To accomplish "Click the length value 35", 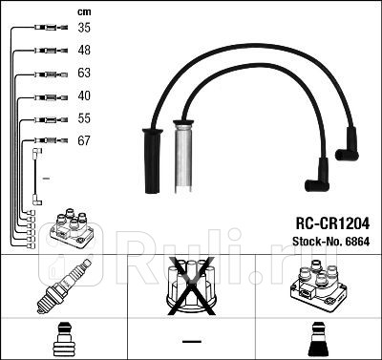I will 84,29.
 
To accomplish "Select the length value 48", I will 84,51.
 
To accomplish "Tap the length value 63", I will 84,74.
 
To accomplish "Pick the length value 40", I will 84,95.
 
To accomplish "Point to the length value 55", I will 84,118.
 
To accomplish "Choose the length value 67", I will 84,140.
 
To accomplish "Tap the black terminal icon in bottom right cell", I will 317,339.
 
